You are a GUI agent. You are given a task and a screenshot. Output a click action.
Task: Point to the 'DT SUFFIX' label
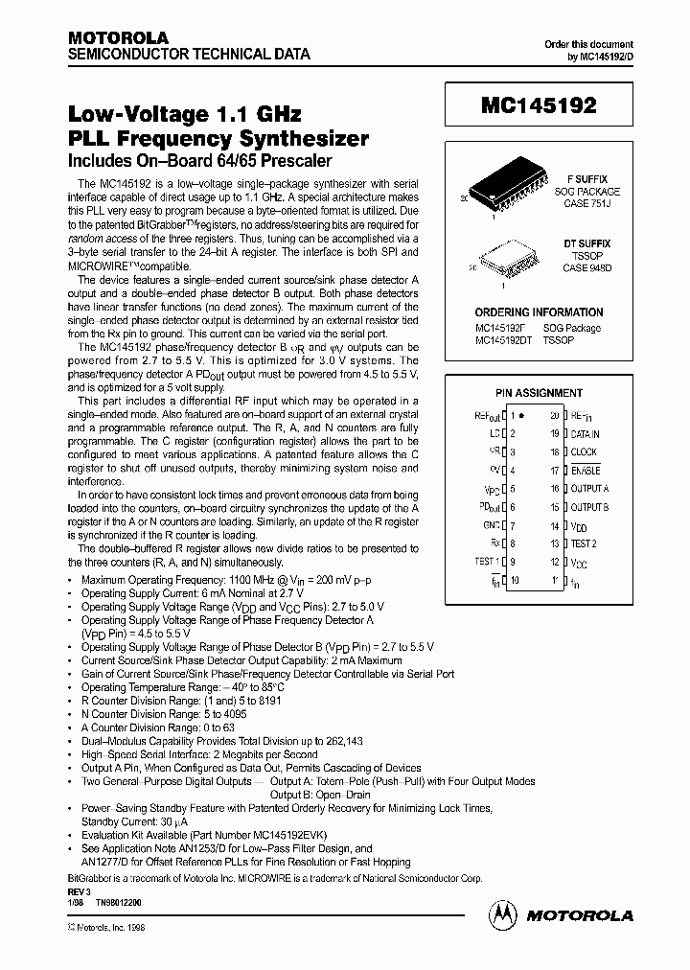(586, 244)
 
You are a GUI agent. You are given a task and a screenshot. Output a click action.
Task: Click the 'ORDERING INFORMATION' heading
(539, 312)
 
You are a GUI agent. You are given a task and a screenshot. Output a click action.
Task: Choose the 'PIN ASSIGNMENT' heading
(539, 393)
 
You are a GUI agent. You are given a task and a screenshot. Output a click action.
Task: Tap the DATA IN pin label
(585, 433)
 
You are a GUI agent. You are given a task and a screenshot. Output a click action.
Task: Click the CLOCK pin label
(583, 451)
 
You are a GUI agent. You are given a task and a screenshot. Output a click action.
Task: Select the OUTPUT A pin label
(589, 489)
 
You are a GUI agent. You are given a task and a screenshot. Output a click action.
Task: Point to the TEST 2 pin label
(584, 543)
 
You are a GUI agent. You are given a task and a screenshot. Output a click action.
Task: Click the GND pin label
(492, 525)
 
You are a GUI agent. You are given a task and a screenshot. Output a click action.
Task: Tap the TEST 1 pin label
(487, 562)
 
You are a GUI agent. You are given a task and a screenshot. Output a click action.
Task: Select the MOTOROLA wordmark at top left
(105, 37)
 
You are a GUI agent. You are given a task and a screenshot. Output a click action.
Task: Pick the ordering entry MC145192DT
(504, 340)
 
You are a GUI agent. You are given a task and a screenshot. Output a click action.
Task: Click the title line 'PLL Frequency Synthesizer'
(218, 138)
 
